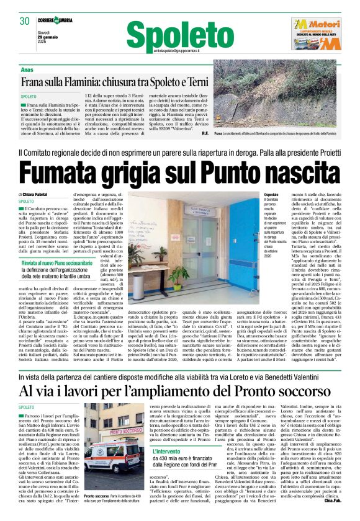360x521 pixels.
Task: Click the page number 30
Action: pos(25,20)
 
